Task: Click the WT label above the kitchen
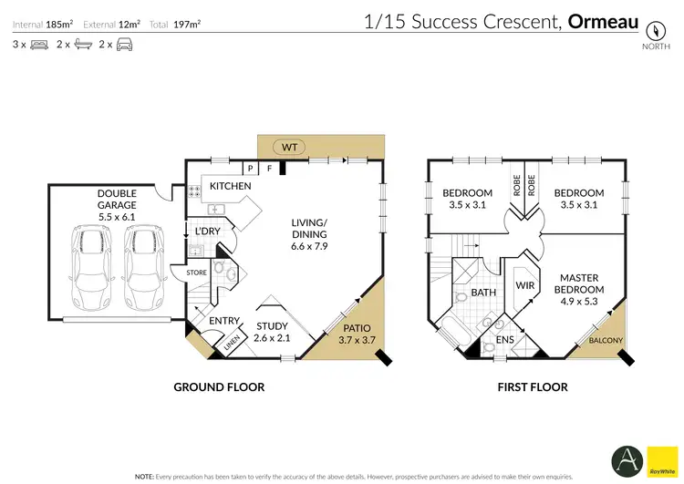[289, 147]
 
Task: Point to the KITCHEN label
[230, 186]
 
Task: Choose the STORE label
[196, 271]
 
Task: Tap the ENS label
[504, 340]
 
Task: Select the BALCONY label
[606, 341]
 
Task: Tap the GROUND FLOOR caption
[219, 387]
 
